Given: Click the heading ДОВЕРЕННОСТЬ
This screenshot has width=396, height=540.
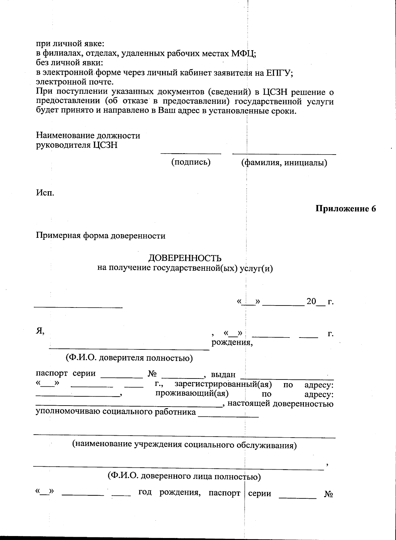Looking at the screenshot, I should click(x=185, y=258).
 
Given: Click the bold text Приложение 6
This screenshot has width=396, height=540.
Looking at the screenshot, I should click(x=346, y=209).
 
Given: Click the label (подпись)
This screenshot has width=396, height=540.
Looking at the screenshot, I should click(x=191, y=162).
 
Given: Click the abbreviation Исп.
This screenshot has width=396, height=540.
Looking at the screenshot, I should click(x=45, y=193).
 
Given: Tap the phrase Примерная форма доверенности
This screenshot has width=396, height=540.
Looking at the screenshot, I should click(x=100, y=236).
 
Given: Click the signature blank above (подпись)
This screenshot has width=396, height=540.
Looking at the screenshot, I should click(x=191, y=153).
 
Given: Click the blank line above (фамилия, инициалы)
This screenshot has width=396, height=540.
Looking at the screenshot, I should click(x=284, y=154).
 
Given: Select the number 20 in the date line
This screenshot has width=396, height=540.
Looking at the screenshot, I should click(x=311, y=302).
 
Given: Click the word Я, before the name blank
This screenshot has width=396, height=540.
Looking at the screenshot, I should click(x=40, y=332).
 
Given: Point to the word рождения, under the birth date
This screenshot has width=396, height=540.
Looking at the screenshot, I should click(x=232, y=342).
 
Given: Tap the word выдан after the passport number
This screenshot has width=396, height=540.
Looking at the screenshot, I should click(x=223, y=375).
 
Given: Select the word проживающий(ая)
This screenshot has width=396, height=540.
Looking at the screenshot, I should click(x=192, y=394).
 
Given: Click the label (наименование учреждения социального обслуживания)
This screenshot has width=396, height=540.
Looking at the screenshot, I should click(x=184, y=445).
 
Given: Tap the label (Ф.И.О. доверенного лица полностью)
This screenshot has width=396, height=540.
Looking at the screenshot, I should click(x=184, y=476).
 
